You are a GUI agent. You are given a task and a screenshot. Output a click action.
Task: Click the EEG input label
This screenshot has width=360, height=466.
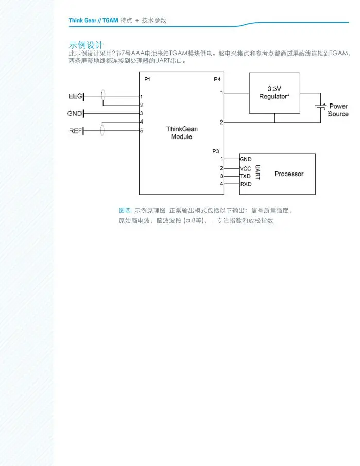75,96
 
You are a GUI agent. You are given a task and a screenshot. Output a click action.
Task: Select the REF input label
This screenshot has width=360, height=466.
75,131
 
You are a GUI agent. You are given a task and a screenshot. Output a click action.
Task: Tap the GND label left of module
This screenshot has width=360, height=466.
75,113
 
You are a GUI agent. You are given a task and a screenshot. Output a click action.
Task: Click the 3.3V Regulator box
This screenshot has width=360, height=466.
274,93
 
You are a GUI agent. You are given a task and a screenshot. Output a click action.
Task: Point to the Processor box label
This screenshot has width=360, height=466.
288,174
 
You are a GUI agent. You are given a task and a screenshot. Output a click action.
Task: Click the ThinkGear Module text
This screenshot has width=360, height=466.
181,133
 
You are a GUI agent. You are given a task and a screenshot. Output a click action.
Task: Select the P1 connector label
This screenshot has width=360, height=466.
148,79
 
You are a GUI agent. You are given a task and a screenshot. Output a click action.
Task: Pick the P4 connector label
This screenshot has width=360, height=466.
217,79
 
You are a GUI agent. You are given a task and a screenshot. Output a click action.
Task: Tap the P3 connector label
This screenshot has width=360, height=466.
216,151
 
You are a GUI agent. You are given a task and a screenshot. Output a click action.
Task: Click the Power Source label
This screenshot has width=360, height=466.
338,110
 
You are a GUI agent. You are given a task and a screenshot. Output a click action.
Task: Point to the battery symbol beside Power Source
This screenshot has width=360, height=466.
321,107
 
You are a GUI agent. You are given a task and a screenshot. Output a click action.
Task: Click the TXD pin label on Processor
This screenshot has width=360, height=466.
246,176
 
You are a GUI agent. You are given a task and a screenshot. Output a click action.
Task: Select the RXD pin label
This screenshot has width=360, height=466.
246,184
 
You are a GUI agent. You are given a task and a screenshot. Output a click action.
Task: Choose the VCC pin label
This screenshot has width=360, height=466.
246,168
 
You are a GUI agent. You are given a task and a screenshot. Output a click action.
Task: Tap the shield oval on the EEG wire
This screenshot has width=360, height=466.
103,95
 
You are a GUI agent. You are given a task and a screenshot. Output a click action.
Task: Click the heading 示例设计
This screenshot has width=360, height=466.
86,45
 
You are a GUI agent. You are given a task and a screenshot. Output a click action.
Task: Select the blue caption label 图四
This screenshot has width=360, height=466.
125,211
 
